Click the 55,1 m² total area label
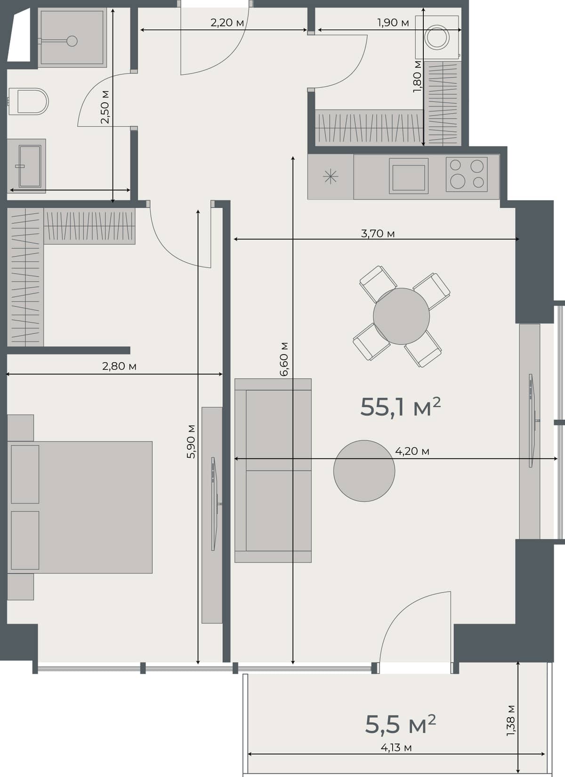[x=400, y=407]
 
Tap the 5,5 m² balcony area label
[x=400, y=724]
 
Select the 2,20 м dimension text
[x=227, y=22]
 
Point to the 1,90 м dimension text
[x=393, y=22]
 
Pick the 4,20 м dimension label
[x=412, y=451]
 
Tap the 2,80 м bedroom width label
[x=119, y=366]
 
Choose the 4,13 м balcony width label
[x=396, y=747]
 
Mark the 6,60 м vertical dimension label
[x=284, y=359]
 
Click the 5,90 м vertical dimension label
[x=191, y=441]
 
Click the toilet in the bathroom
[x=31, y=101]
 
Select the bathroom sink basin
[x=30, y=166]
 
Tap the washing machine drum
[x=437, y=38]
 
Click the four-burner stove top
[x=466, y=174]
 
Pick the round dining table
[x=401, y=316]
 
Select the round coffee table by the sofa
[x=364, y=470]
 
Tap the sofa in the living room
[x=273, y=470]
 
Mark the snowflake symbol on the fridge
[x=331, y=177]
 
